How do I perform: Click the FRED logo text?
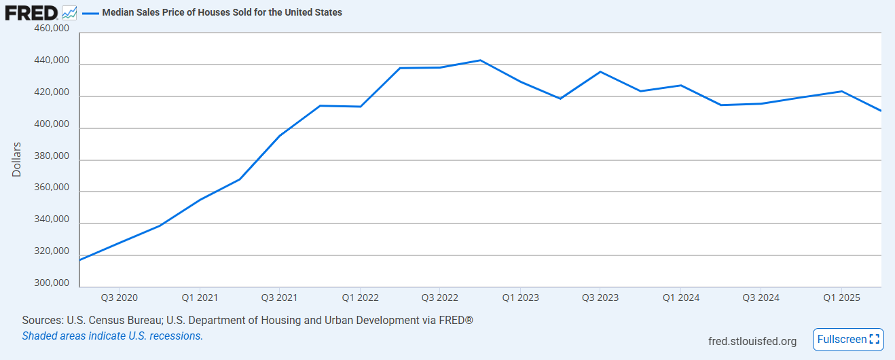click(31, 12)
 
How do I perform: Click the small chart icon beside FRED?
click(69, 12)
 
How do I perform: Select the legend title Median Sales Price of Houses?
click(222, 12)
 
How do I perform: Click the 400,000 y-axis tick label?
click(51, 124)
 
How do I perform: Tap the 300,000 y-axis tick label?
click(51, 283)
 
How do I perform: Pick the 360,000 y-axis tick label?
click(51, 188)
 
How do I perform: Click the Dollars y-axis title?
click(17, 159)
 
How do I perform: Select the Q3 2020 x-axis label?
click(119, 298)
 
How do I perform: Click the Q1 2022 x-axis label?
click(360, 298)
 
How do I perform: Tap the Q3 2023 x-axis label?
click(600, 298)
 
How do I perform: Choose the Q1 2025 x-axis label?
click(841, 298)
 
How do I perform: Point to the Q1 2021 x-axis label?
click(199, 298)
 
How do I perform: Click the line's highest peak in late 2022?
click(480, 60)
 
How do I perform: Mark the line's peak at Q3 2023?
click(600, 71)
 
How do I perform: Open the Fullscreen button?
click(848, 340)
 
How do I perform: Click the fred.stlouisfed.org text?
click(752, 341)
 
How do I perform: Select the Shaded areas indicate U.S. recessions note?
click(112, 336)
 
